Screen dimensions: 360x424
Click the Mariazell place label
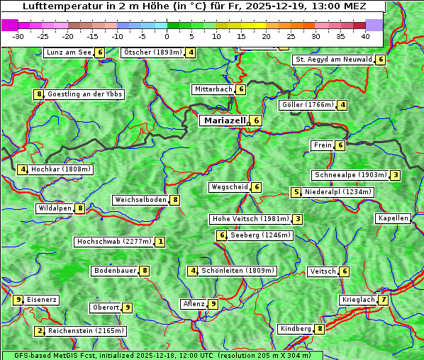224,120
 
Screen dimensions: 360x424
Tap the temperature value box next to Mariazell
256,120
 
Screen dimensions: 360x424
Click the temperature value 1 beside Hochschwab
161,242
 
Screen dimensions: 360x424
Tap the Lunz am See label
69,52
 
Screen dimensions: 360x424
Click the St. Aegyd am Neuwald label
333,60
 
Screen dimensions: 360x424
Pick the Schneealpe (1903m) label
350,175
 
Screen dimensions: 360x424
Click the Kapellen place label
393,218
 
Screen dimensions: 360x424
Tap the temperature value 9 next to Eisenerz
19,300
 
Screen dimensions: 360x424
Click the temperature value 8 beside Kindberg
320,329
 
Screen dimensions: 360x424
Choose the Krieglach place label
358,300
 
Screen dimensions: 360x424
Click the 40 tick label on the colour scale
365,36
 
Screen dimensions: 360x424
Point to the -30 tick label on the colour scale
19,36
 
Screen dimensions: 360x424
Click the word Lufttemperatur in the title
55,6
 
